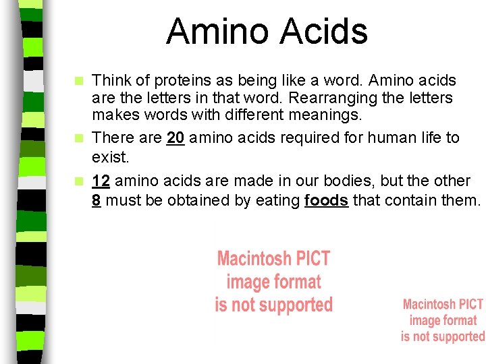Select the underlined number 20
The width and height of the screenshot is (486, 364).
(x=175, y=138)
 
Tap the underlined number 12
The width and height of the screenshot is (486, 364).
(x=101, y=181)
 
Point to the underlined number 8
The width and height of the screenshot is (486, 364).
(x=97, y=200)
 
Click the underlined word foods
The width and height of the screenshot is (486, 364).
(x=327, y=200)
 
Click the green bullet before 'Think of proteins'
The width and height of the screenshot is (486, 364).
(x=80, y=81)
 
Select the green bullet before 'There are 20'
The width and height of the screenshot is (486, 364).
(x=80, y=138)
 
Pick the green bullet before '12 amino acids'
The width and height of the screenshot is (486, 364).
(x=80, y=181)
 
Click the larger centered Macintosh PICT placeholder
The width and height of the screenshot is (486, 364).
(x=273, y=282)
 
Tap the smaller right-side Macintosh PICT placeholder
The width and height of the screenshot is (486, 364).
(x=443, y=320)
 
